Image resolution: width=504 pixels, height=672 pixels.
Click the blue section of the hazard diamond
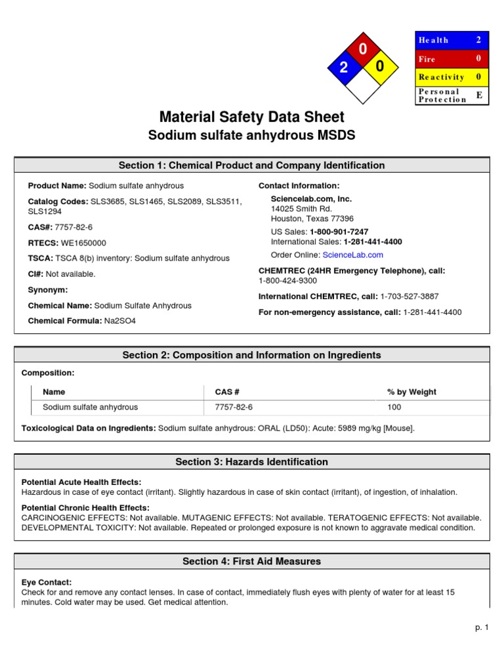pyautogui.click(x=343, y=67)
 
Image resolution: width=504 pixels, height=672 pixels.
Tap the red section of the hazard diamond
pyautogui.click(x=362, y=49)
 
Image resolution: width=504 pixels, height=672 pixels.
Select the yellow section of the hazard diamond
pyautogui.click(x=380, y=67)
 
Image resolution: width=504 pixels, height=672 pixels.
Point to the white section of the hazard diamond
pyautogui.click(x=362, y=85)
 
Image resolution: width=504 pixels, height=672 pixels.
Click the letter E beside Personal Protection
pyautogui.click(x=479, y=95)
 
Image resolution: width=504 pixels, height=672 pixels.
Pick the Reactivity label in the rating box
pyautogui.click(x=442, y=77)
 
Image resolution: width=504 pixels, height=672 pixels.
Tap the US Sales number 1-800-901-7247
pyautogui.click(x=339, y=232)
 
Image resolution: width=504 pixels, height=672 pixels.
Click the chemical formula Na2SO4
pyautogui.click(x=119, y=321)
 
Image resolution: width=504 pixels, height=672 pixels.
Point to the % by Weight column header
pyautogui.click(x=411, y=392)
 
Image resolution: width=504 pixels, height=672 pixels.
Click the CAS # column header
pyautogui.click(x=227, y=392)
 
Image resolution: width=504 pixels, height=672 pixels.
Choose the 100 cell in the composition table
pyautogui.click(x=394, y=407)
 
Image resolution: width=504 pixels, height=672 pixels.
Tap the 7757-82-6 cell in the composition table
pyautogui.click(x=234, y=407)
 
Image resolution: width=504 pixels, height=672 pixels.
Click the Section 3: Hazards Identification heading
pyautogui.click(x=252, y=462)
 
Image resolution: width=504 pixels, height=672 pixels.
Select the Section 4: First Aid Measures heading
pyautogui.click(x=252, y=561)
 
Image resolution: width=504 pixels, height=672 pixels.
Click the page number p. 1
pyautogui.click(x=482, y=628)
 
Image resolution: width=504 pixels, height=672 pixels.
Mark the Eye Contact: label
pyautogui.click(x=47, y=582)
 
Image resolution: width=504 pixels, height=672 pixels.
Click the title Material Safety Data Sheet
pyautogui.click(x=252, y=117)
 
